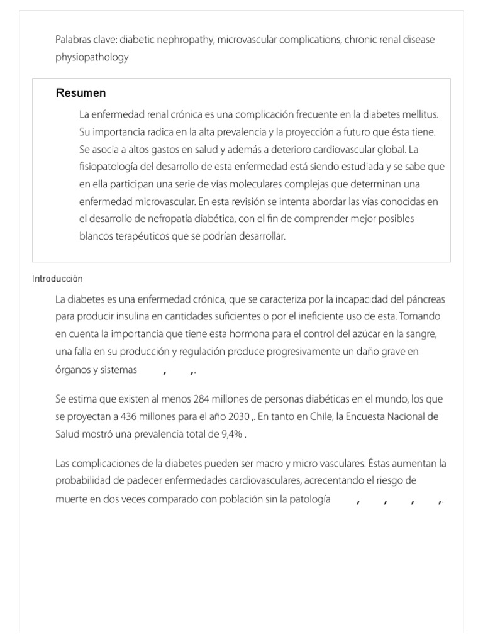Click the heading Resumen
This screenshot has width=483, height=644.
click(x=80, y=94)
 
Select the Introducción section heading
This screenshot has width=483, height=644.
click(x=57, y=279)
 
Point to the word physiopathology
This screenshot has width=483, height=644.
click(x=92, y=57)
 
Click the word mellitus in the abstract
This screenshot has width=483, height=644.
click(x=419, y=115)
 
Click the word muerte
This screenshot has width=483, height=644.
click(x=70, y=499)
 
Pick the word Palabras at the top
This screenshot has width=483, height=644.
click(x=73, y=40)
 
